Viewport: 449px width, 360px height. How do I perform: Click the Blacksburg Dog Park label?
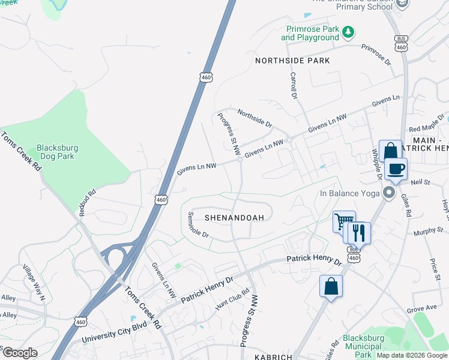click(x=57, y=152)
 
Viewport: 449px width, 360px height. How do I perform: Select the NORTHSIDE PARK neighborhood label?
click(x=292, y=61)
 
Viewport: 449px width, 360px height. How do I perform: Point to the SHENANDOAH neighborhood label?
click(x=234, y=218)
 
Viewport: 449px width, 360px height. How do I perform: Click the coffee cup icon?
click(x=396, y=169)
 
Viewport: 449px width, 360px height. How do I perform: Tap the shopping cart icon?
click(x=343, y=221)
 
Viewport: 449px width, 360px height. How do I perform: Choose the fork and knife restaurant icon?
click(x=359, y=232)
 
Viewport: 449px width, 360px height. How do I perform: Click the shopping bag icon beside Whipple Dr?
click(x=390, y=151)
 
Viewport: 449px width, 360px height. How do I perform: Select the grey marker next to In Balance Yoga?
click(x=388, y=193)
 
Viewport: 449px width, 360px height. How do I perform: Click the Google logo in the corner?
click(x=20, y=353)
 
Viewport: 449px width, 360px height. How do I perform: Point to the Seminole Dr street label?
click(x=197, y=225)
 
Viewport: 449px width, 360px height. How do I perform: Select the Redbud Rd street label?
click(x=88, y=203)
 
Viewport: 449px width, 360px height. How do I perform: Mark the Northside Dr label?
click(x=255, y=118)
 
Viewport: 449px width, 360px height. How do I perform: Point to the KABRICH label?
click(x=273, y=357)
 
